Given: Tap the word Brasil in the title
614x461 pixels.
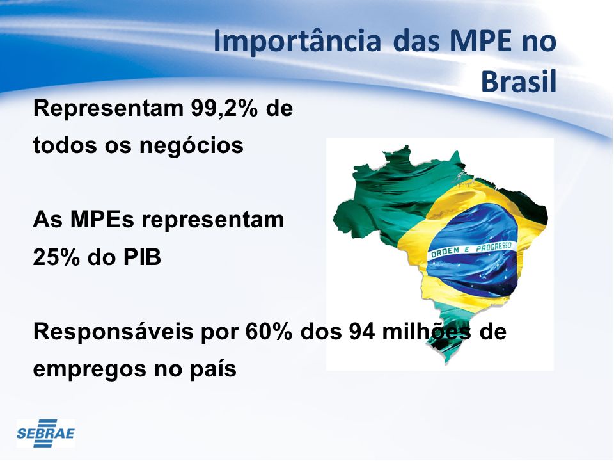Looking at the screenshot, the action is coord(519,81).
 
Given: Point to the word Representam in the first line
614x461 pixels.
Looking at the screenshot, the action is coord(109,109).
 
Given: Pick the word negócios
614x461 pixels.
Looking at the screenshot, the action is coord(191,146).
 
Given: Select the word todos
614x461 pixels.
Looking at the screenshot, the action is coord(65,145).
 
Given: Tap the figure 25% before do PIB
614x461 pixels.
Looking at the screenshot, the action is coord(57,257).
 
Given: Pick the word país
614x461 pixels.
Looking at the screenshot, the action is coord(213,369).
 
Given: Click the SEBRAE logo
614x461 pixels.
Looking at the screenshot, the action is coord(45,433).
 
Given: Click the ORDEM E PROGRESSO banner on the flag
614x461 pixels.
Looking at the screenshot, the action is coord(471,250).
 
